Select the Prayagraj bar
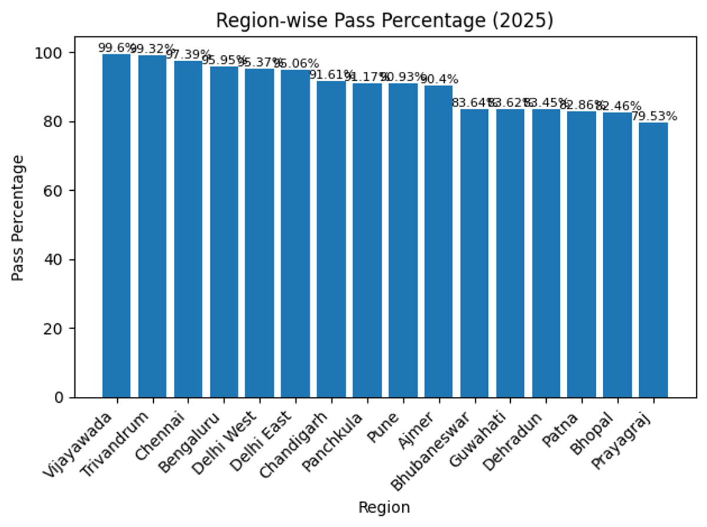tap(653, 260)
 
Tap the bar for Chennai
tap(188, 229)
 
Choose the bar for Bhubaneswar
tap(474, 253)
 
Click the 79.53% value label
tap(655, 116)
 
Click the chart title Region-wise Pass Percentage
tap(385, 21)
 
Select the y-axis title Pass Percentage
tap(19, 218)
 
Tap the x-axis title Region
tap(384, 507)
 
